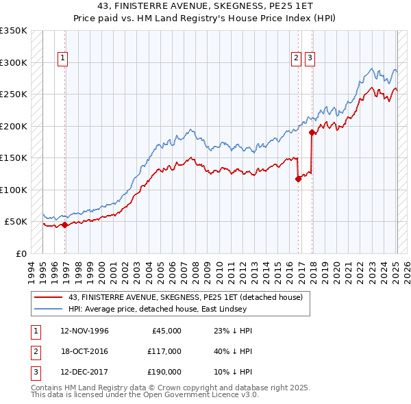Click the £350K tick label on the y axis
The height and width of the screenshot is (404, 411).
14,31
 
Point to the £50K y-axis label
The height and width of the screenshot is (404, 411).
16,222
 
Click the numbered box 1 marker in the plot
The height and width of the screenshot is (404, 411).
62,59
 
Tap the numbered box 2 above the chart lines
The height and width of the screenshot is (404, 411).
297,59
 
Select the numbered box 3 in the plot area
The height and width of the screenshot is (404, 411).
310,59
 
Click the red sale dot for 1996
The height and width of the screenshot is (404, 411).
64,225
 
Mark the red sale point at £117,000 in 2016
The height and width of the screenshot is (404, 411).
298,179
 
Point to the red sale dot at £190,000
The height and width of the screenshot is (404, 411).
312,132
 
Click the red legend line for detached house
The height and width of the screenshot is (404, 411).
49,297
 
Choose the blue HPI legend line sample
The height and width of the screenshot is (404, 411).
49,310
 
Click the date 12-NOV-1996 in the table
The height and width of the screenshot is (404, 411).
84,331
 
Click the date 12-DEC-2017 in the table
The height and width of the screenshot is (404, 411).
84,373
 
